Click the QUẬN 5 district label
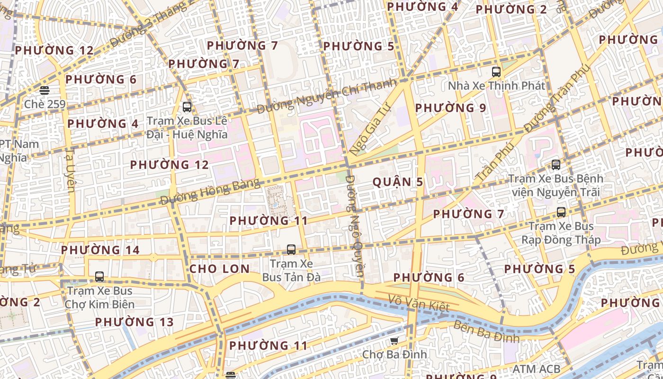click(398, 182)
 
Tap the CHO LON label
click(219, 269)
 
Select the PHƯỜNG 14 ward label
click(100, 250)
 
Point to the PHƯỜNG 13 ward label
click(134, 322)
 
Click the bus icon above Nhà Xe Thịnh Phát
click(496, 72)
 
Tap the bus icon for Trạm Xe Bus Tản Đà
click(291, 249)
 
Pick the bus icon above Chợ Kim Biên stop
click(99, 277)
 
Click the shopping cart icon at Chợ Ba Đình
click(394, 341)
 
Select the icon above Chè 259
click(45, 90)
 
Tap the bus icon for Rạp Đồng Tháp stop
click(561, 212)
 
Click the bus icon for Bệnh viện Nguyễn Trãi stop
click(556, 165)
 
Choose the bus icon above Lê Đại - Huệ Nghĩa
click(187, 107)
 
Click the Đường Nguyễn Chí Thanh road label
click(327, 97)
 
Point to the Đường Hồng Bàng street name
click(210, 192)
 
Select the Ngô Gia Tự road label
click(368, 129)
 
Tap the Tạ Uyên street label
click(70, 170)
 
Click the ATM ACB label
click(537, 369)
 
